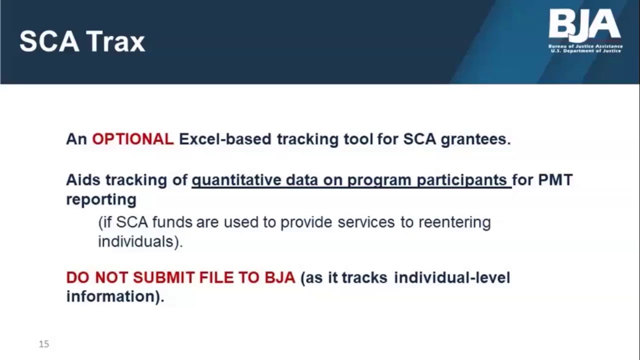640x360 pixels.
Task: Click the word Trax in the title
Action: pos(116,41)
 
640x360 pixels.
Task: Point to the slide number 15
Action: pos(44,344)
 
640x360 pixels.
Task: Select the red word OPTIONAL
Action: pos(132,139)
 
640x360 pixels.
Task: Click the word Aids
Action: pos(83,179)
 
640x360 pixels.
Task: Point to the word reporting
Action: pos(101,199)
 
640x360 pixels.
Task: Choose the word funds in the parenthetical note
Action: pos(173,222)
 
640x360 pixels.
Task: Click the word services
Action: pos(366,222)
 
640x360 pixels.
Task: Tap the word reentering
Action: pos(454,222)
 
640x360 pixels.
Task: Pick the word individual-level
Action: pos(452,277)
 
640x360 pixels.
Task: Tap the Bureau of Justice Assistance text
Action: pos(585,46)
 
